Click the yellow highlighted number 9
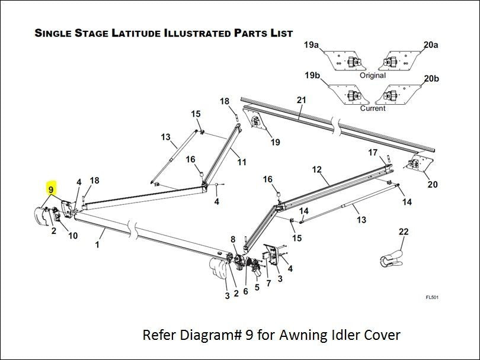click(x=52, y=190)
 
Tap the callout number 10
click(x=73, y=236)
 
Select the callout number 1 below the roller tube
click(x=97, y=244)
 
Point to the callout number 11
click(x=242, y=162)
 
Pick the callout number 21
click(x=301, y=101)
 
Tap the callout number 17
click(x=373, y=153)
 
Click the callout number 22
click(x=403, y=232)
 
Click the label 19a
click(x=312, y=45)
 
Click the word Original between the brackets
click(x=373, y=75)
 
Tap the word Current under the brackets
click(x=373, y=108)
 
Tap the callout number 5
click(x=257, y=288)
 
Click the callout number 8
click(x=233, y=239)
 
